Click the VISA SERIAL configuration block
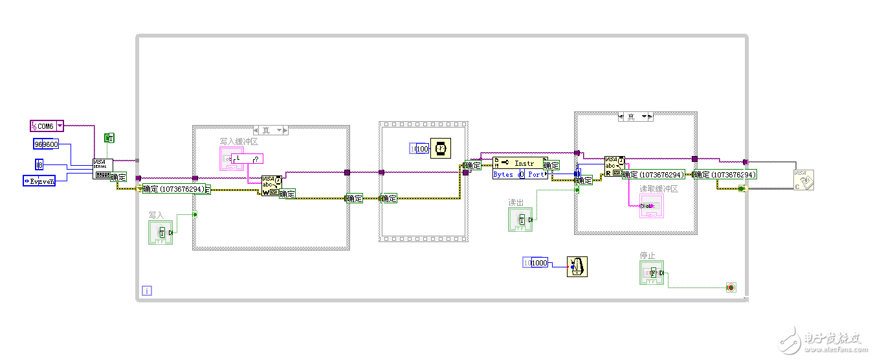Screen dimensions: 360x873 pos(102,168)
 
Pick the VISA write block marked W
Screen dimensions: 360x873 pos(271,185)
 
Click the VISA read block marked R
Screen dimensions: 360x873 pos(614,166)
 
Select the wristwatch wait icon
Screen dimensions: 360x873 pos(440,148)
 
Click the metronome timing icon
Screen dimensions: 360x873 pos(577,266)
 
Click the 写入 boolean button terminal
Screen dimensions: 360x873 pos(160,232)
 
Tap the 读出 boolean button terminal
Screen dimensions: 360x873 pos(520,219)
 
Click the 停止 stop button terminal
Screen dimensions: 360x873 pos(652,273)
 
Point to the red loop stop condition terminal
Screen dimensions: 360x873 pos(731,287)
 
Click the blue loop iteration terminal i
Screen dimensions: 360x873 pos(146,291)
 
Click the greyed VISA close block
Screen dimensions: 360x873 pos(804,179)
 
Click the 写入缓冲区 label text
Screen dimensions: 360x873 pos(238,141)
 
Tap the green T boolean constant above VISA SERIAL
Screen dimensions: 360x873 pos(109,138)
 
